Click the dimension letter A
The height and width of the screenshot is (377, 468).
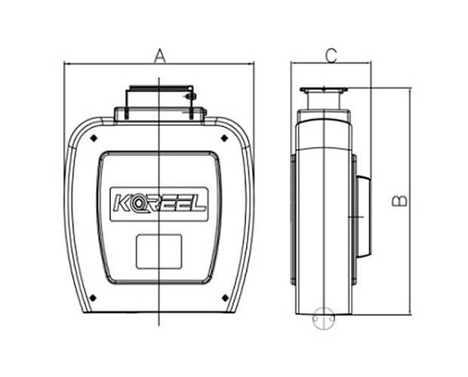159,55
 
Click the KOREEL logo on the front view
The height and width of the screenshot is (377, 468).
159,203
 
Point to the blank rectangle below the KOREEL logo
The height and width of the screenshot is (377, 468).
159,251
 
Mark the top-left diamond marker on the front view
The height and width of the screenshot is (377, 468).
92,139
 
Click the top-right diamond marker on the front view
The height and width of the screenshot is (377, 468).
224,139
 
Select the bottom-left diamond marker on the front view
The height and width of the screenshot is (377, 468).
92,297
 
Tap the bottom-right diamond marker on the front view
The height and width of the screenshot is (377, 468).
224,297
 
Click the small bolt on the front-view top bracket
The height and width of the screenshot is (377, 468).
190,97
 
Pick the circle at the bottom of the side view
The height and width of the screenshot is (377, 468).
324,319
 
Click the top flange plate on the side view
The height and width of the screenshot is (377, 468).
324,90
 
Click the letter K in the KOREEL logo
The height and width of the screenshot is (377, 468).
122,203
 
